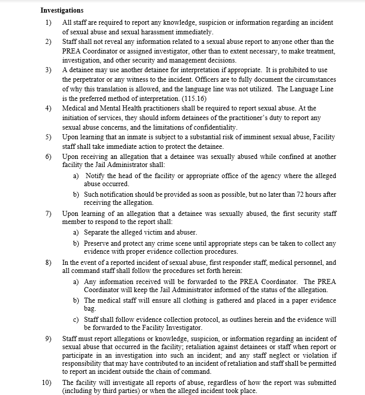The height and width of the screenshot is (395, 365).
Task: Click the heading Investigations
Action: (x=62, y=10)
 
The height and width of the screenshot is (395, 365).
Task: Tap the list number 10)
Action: (x=47, y=382)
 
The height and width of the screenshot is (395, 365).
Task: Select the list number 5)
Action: (x=48, y=137)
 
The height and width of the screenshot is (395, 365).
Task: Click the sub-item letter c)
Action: (x=76, y=319)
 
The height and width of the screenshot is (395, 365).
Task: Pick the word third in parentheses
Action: (x=113, y=391)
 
